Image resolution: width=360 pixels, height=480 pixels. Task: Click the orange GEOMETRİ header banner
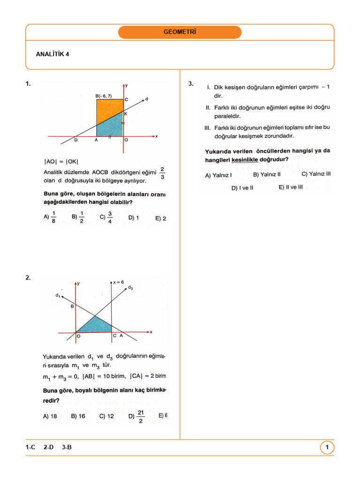(x=180, y=32)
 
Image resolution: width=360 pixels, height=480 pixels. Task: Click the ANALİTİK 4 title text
(x=52, y=54)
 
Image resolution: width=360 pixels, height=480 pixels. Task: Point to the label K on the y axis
(x=126, y=113)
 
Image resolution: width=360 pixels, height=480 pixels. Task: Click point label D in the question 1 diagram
(x=76, y=140)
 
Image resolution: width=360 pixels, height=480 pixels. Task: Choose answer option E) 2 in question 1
(x=161, y=218)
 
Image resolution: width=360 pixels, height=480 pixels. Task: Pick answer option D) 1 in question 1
(x=134, y=217)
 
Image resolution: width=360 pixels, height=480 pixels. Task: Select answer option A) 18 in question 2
(x=50, y=416)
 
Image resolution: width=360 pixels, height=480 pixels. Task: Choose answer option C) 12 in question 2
(x=106, y=416)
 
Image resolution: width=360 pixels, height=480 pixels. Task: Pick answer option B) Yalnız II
(x=267, y=174)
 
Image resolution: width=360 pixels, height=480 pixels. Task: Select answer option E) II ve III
(x=291, y=187)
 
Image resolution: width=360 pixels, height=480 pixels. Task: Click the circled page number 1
(x=327, y=448)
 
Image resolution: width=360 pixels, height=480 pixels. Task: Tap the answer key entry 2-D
(x=48, y=448)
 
